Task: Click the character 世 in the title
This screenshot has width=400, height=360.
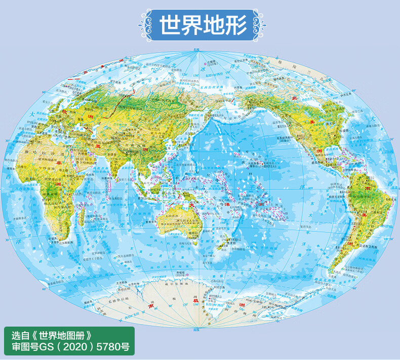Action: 170,24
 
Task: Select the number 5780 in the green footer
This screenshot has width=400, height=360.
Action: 107,348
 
